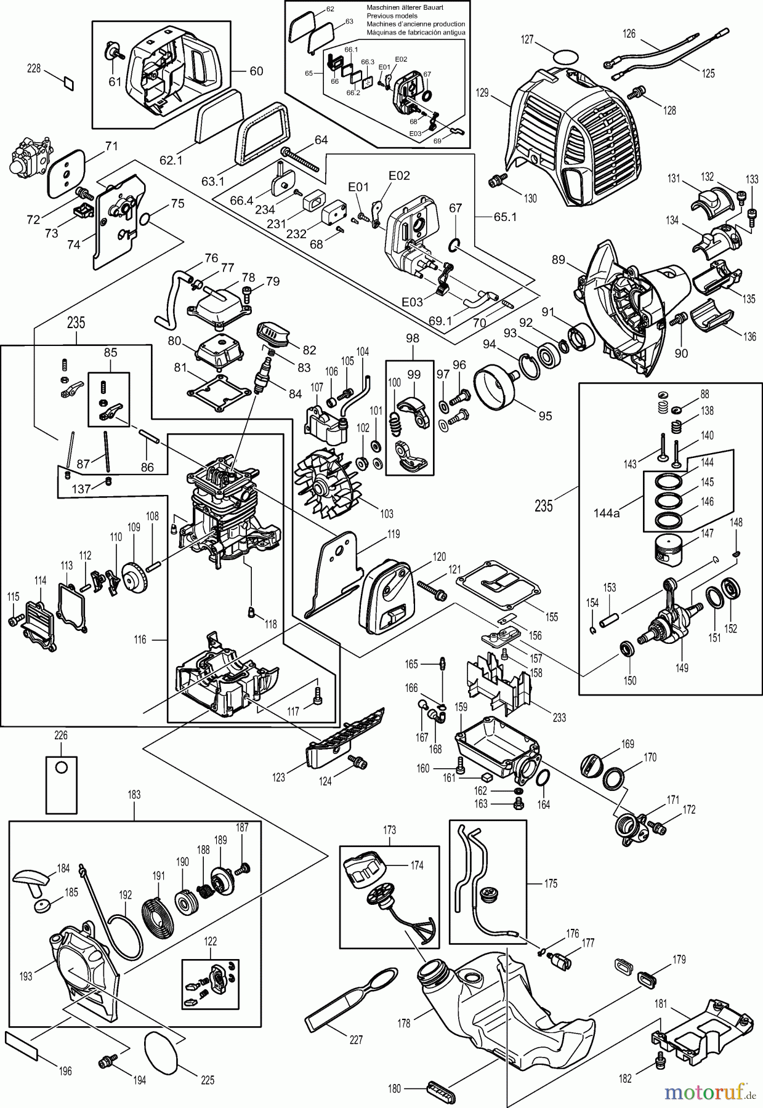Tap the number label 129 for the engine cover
482,93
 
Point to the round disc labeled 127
566,57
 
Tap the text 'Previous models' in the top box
392,16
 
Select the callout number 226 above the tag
61,735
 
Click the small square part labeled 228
68,81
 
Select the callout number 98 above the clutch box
413,339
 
